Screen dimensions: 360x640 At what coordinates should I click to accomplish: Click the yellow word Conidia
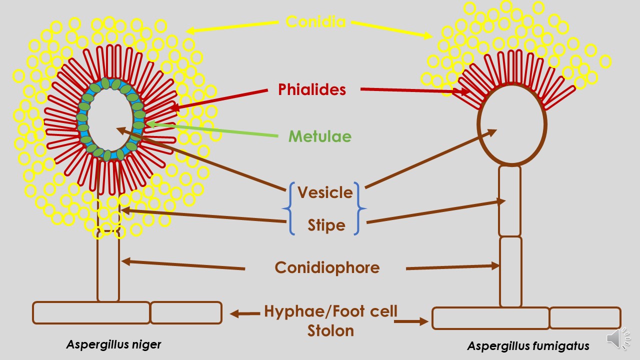[x=315, y=22]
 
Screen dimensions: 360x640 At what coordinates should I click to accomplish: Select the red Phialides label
[x=312, y=89]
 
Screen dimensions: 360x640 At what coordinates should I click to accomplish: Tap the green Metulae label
[x=320, y=136]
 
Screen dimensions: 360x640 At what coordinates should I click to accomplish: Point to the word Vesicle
[x=325, y=192]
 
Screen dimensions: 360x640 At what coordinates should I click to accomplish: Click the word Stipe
[x=326, y=225]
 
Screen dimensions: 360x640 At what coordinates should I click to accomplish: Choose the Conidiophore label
[x=327, y=267]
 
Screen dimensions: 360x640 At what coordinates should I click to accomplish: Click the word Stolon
[x=330, y=330]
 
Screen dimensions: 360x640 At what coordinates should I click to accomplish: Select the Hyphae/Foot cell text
[x=330, y=311]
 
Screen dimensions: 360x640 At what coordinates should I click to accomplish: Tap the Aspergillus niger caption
[x=114, y=344]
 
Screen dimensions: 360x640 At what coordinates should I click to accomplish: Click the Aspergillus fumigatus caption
[x=528, y=346]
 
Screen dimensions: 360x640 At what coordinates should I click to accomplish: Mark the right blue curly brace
[x=360, y=209]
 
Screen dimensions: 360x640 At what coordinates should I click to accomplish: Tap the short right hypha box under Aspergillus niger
[x=186, y=312]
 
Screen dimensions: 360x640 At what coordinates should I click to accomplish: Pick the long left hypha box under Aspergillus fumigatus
[x=490, y=318]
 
